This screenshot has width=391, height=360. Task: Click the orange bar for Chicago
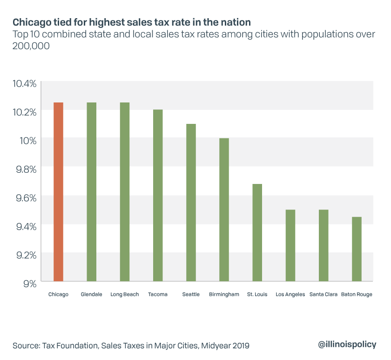(x=58, y=192)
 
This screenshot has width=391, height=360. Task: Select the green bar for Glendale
(x=92, y=192)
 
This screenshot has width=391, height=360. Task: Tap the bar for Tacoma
(x=158, y=196)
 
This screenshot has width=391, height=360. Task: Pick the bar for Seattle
(x=191, y=203)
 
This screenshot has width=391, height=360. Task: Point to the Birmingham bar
(x=224, y=210)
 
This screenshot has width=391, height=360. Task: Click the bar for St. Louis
(x=257, y=232)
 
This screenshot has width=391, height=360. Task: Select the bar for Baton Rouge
(x=357, y=249)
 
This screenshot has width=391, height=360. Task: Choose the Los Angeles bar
(x=290, y=245)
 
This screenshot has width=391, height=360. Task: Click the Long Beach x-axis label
(x=125, y=294)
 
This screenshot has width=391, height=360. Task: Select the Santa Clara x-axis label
(x=324, y=294)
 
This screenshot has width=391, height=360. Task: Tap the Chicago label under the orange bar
(x=58, y=294)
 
